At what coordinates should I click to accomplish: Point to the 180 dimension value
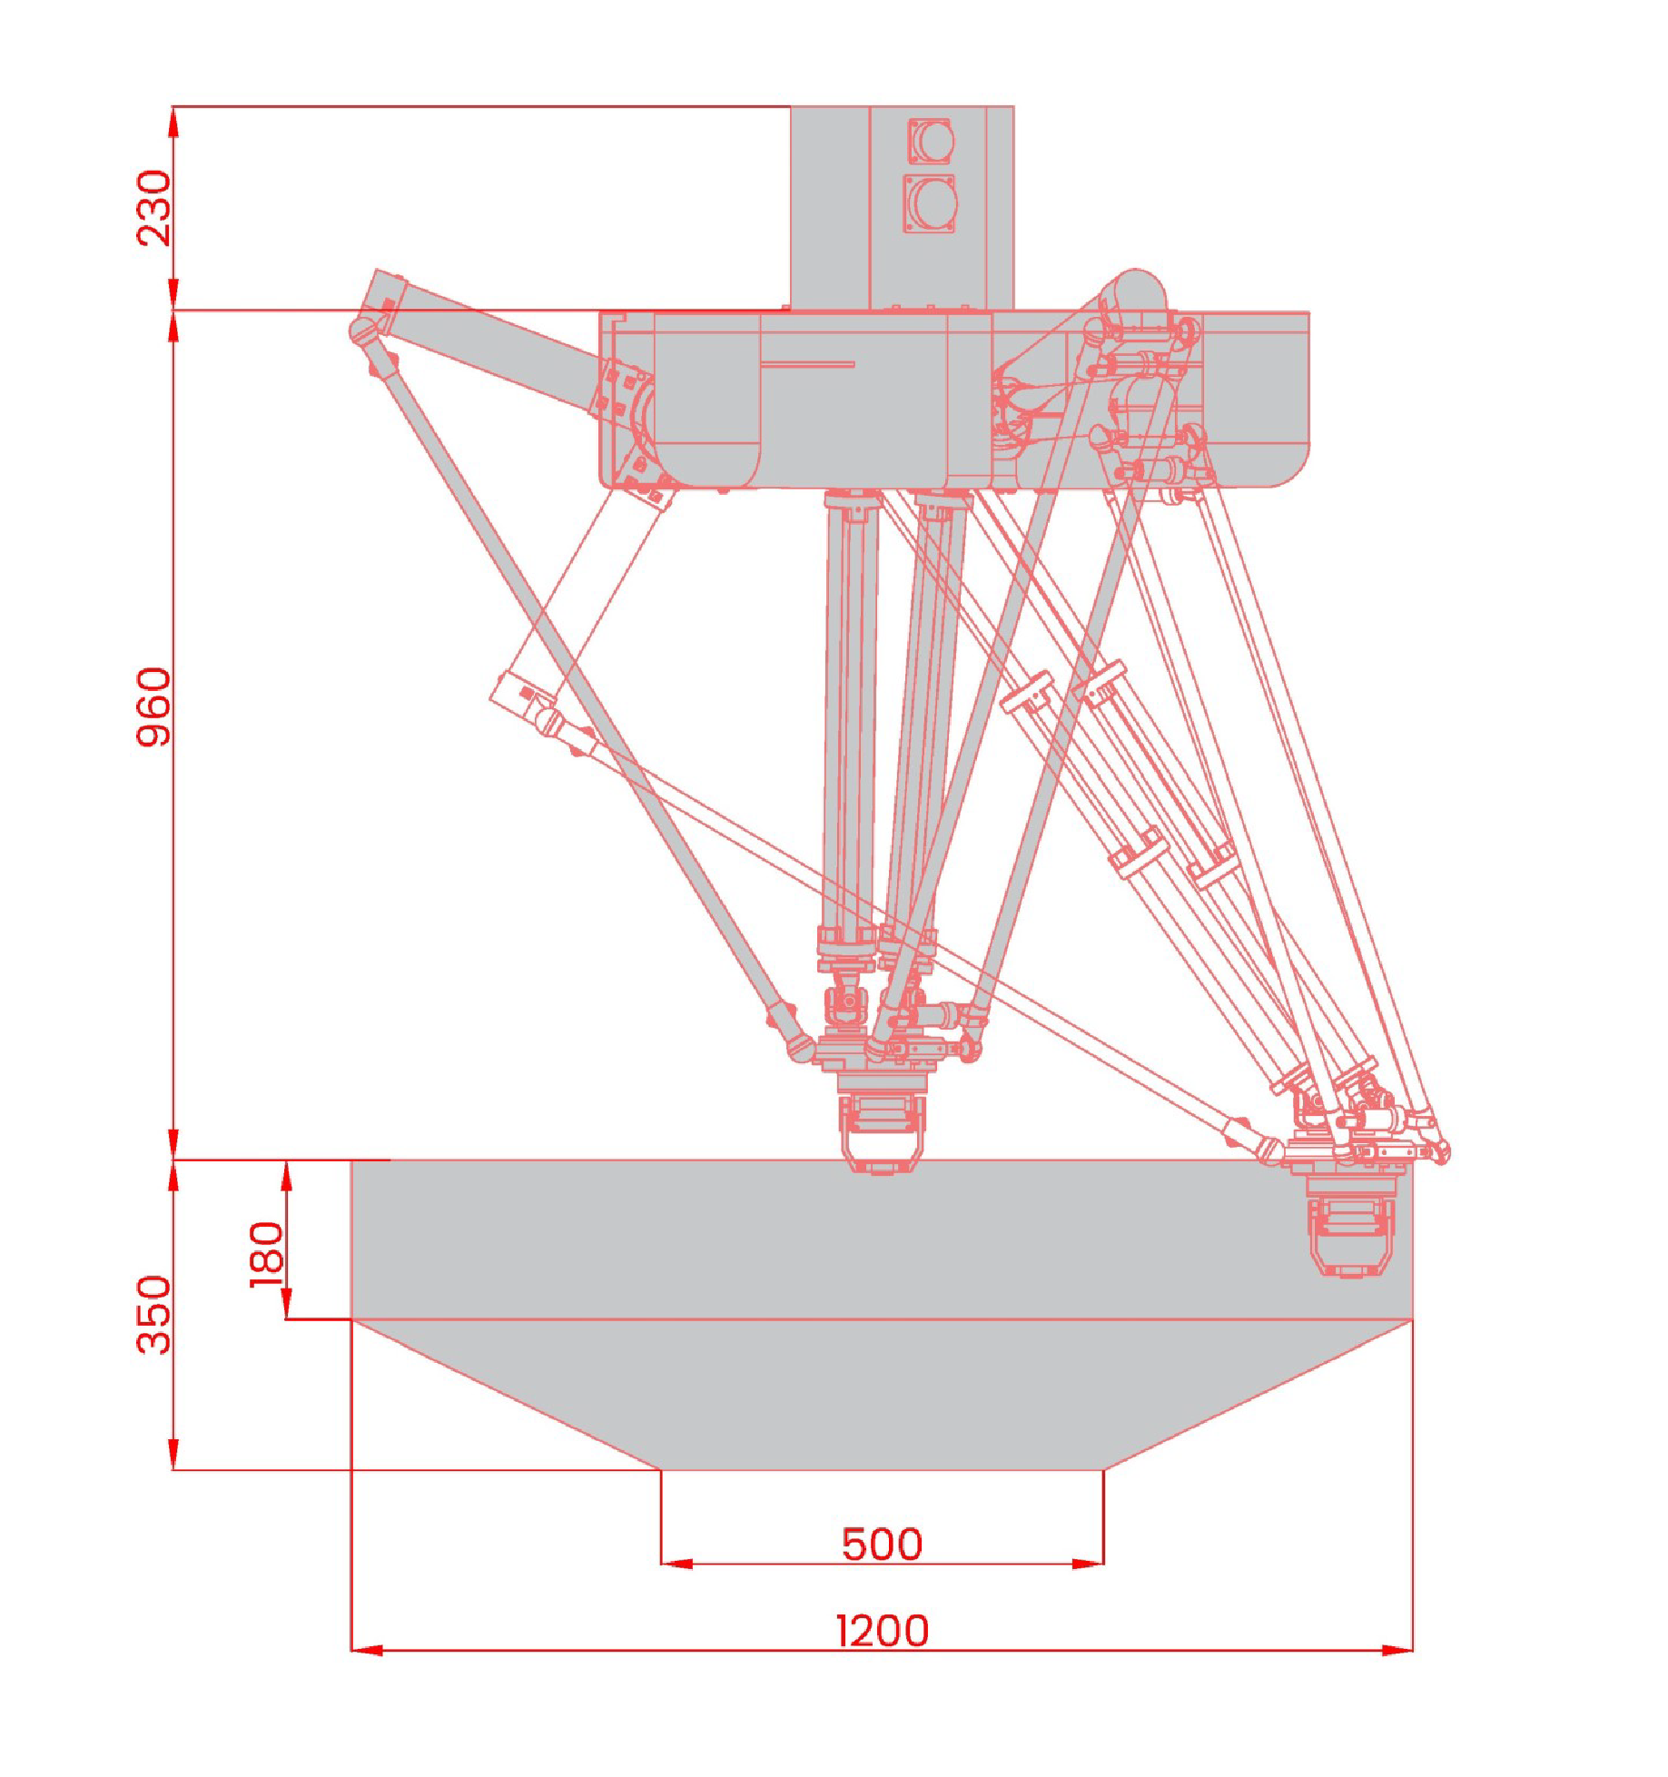coord(267,1254)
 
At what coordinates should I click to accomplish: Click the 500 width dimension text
coord(882,1545)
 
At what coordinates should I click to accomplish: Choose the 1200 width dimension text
coord(882,1631)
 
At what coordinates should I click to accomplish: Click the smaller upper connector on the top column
coord(931,141)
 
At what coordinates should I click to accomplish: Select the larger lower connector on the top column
coord(931,202)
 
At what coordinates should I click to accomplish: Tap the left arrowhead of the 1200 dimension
coord(367,1649)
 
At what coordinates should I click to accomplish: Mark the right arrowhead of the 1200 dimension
coord(1397,1649)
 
